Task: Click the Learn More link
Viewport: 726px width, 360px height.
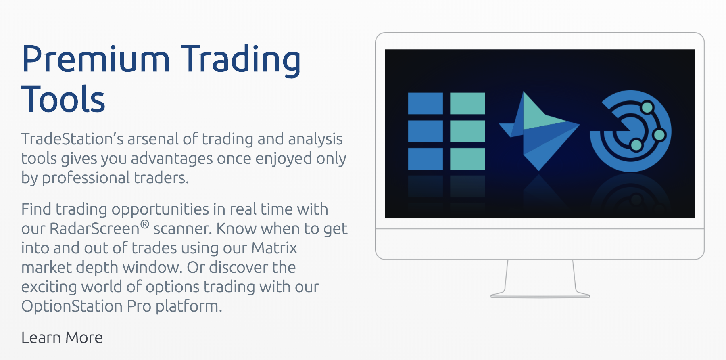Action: point(62,337)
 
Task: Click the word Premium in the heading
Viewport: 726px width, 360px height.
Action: point(96,59)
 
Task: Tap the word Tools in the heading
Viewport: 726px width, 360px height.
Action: point(63,98)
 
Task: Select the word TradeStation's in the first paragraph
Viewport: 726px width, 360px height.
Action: point(73,139)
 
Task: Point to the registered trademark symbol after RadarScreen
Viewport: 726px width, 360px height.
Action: point(145,224)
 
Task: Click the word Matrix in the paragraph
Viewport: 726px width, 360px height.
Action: point(274,248)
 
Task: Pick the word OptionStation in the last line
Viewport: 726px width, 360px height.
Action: point(72,306)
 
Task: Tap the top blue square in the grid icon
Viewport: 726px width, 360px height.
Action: point(426,103)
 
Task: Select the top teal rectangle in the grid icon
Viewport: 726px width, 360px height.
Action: point(467,103)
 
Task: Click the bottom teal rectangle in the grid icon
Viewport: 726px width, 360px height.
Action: point(467,159)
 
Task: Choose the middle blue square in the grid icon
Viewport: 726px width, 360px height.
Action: point(426,131)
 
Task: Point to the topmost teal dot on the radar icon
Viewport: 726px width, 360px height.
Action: point(647,107)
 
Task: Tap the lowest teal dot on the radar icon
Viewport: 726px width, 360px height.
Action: point(636,144)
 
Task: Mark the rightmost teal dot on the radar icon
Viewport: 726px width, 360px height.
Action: point(659,134)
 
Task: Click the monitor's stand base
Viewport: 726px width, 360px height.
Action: point(540,295)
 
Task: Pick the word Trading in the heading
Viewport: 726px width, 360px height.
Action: point(240,61)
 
